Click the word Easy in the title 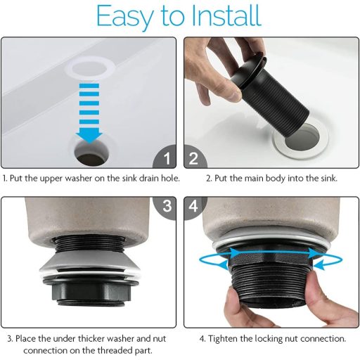124,17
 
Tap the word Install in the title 226,15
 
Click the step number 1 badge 165,157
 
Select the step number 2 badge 195,157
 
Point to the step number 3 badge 165,207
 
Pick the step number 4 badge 195,207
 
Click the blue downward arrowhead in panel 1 89,138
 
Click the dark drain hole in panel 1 92,153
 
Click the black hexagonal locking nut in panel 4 270,257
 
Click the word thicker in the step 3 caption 91,339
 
